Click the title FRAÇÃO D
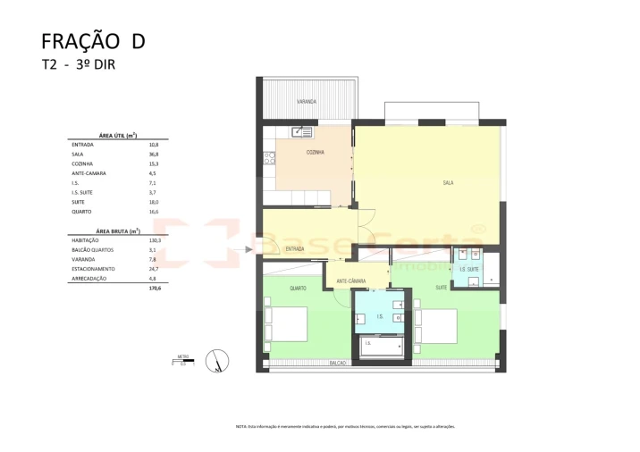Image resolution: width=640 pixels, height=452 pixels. tap(93, 41)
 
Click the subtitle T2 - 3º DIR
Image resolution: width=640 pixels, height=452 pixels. tap(79, 64)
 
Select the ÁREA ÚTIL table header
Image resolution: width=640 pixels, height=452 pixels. tap(116, 133)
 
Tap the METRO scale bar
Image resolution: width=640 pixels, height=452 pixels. tap(183, 362)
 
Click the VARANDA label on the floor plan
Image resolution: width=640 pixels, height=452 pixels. tap(307, 102)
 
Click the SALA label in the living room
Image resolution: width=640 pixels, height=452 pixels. tap(447, 182)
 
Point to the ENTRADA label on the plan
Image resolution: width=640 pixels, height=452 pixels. tap(294, 249)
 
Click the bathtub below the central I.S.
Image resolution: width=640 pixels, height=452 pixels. tap(382, 345)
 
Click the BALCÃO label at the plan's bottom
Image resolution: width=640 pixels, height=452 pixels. tap(338, 364)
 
